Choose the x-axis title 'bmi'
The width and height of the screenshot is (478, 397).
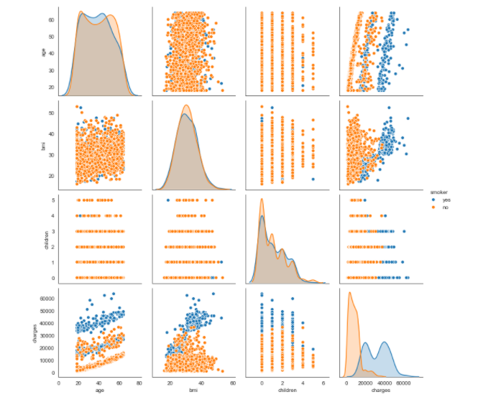click(x=192, y=391)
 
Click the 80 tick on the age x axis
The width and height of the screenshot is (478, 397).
click(x=139, y=383)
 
